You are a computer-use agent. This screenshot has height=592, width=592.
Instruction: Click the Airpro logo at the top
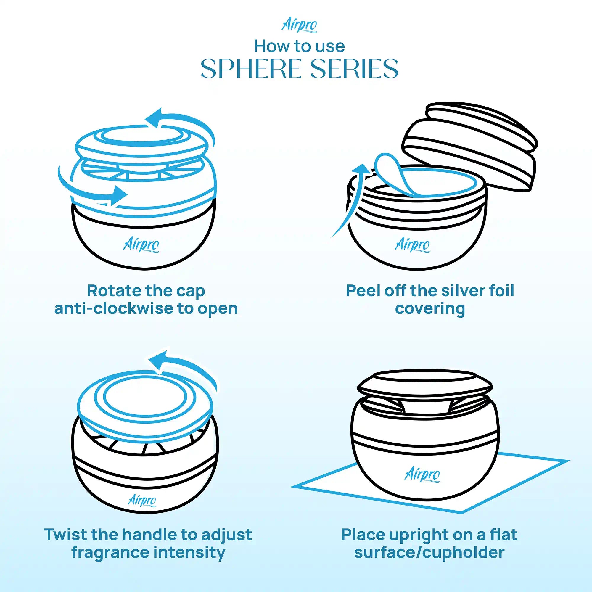point(299,26)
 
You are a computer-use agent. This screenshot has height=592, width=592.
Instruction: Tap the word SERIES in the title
point(350,69)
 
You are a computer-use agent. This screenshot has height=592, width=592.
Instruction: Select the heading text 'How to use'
point(299,46)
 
